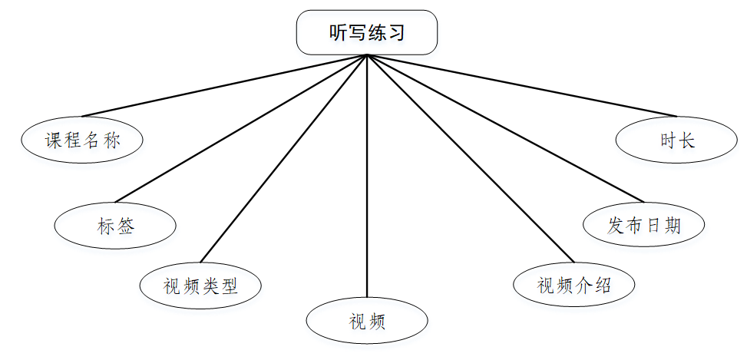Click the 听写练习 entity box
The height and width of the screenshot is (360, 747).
[367, 32]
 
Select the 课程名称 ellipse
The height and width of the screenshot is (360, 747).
[82, 140]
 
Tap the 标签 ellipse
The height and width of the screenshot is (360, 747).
[116, 226]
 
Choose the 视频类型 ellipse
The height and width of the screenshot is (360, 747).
[200, 286]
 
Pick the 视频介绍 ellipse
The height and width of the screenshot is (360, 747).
[573, 285]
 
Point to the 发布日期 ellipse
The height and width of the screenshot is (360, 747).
[643, 225]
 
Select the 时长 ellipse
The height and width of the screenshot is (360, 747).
[676, 140]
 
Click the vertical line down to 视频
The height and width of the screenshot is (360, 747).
[367, 177]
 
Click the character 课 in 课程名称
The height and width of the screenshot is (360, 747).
[53, 140]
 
